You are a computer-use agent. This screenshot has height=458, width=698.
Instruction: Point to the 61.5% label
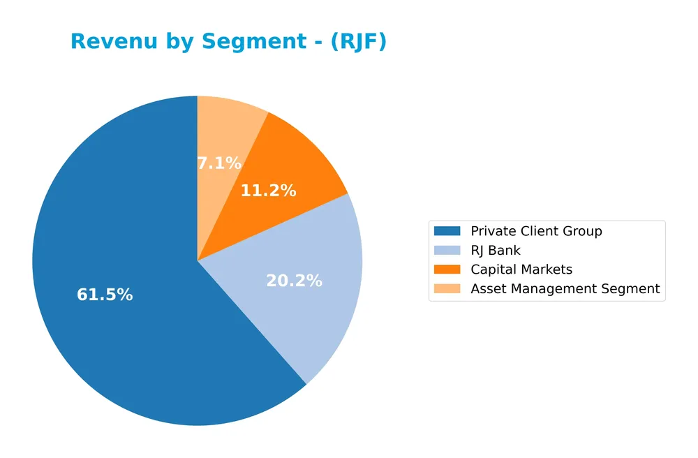105,295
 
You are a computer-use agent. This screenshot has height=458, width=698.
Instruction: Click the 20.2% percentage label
294,281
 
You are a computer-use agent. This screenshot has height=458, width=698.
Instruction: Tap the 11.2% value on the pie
268,191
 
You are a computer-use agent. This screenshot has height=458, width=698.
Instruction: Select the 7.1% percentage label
218,163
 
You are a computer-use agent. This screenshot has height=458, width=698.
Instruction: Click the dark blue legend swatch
447,231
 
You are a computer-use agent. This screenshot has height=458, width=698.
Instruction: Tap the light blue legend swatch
447,251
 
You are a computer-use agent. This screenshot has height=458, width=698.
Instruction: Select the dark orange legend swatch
447,269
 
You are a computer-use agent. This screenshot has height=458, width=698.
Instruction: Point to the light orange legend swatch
447,289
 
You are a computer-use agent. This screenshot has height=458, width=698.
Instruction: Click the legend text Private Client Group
536,231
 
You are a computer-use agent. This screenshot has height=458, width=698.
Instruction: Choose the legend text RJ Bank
496,251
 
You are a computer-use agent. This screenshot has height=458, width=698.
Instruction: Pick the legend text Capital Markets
521,269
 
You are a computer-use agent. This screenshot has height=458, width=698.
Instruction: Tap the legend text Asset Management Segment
565,289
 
